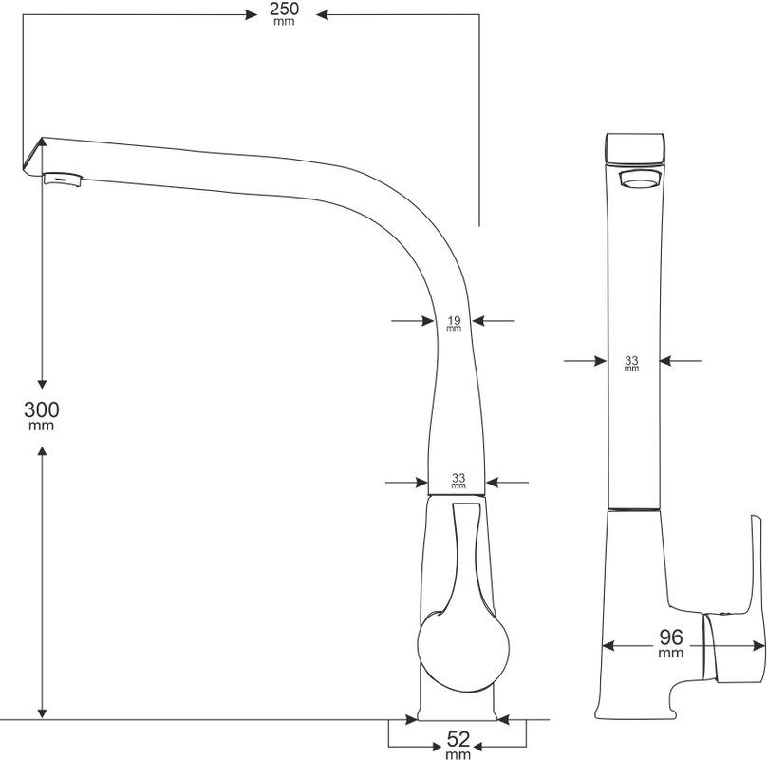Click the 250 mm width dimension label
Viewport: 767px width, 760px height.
click(x=284, y=13)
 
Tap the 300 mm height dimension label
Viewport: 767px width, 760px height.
click(x=42, y=415)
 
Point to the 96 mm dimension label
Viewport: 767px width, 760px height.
click(x=670, y=641)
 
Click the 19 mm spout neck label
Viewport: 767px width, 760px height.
click(x=454, y=323)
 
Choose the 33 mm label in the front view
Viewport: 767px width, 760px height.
click(x=632, y=363)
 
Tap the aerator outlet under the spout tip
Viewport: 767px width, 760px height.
click(x=62, y=178)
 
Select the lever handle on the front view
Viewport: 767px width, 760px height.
click(x=745, y=608)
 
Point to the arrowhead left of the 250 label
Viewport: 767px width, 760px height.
click(x=246, y=14)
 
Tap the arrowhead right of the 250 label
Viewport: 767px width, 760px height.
click(x=322, y=14)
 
